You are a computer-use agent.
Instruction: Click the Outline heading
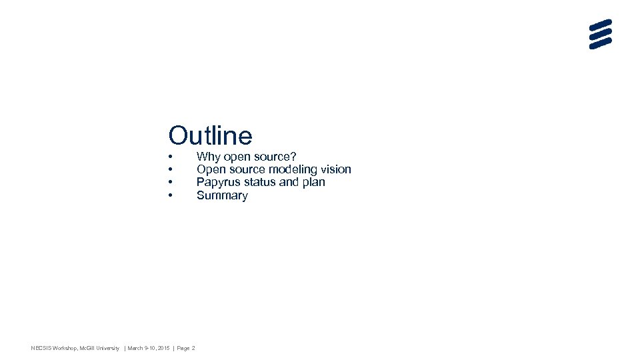pyautogui.click(x=210, y=136)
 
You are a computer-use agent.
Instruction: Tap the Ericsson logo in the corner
pyautogui.click(x=600, y=34)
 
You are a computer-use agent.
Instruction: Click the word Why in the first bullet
pyautogui.click(x=208, y=157)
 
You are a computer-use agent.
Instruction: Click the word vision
pyautogui.click(x=335, y=169)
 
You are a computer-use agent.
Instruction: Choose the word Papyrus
pyautogui.click(x=218, y=182)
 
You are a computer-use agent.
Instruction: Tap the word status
pyautogui.click(x=259, y=182)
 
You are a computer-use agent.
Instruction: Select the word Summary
pyautogui.click(x=222, y=195)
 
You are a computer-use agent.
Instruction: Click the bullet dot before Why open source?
pyautogui.click(x=171, y=157)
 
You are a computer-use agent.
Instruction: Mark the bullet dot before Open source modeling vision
pyautogui.click(x=171, y=170)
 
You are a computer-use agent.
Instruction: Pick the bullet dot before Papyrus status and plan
pyautogui.click(x=171, y=183)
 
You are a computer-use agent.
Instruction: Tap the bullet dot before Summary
pyautogui.click(x=171, y=196)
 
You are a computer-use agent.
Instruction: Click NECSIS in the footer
pyautogui.click(x=39, y=348)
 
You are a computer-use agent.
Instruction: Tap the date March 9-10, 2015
pyautogui.click(x=148, y=348)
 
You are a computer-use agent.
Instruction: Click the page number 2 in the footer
pyautogui.click(x=193, y=348)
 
